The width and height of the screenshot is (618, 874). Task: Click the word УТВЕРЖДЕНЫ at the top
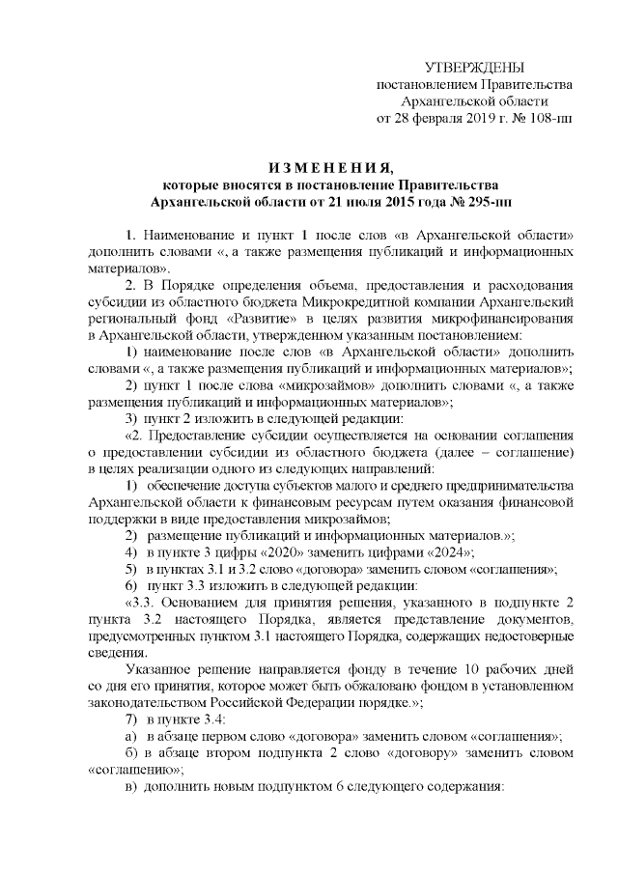click(x=474, y=67)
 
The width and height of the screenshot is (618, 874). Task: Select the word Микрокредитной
click(x=369, y=302)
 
